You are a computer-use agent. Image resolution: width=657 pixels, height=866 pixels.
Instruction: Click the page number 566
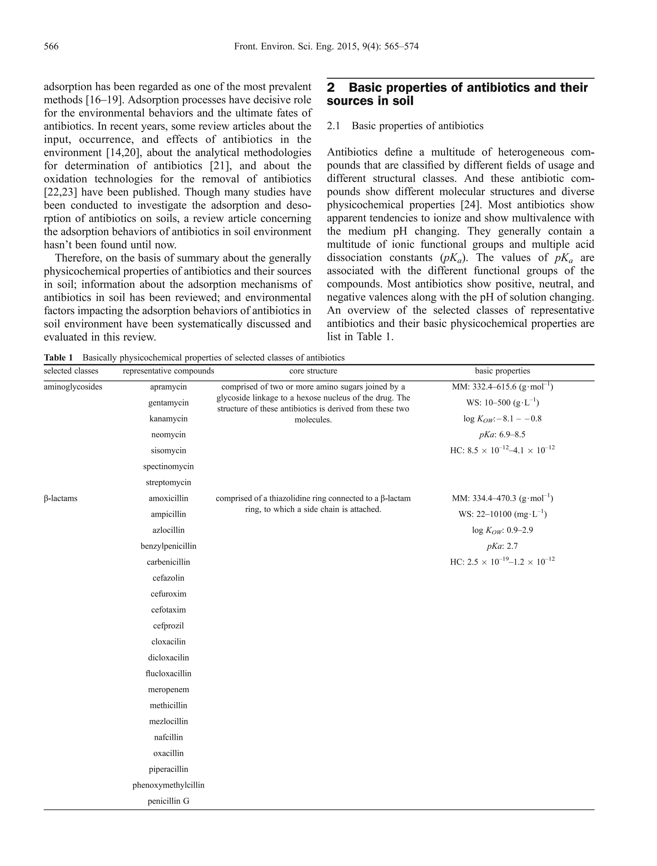(51, 46)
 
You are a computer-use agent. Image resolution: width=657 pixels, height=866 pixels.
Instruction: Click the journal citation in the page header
(326, 46)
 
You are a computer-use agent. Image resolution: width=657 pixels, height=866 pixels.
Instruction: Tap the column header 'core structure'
(313, 371)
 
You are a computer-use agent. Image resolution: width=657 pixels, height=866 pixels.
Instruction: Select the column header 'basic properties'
(502, 371)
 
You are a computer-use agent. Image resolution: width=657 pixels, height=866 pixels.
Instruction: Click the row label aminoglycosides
(73, 387)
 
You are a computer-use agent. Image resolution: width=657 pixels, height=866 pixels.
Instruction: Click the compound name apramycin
(168, 387)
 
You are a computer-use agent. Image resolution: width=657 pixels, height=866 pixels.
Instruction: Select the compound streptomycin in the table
(168, 482)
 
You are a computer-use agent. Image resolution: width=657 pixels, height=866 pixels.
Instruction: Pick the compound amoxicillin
(168, 498)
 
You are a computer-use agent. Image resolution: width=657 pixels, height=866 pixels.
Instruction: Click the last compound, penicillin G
(168, 801)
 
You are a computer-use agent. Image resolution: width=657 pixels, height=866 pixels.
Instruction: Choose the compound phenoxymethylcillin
(168, 785)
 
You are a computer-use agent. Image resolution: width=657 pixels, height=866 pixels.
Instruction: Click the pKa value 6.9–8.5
(502, 434)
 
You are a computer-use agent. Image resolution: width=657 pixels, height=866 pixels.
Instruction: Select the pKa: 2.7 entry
(502, 546)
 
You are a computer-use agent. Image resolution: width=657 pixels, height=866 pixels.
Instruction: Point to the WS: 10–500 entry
(502, 403)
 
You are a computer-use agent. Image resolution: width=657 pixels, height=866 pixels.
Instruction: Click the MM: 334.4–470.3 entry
(502, 498)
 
